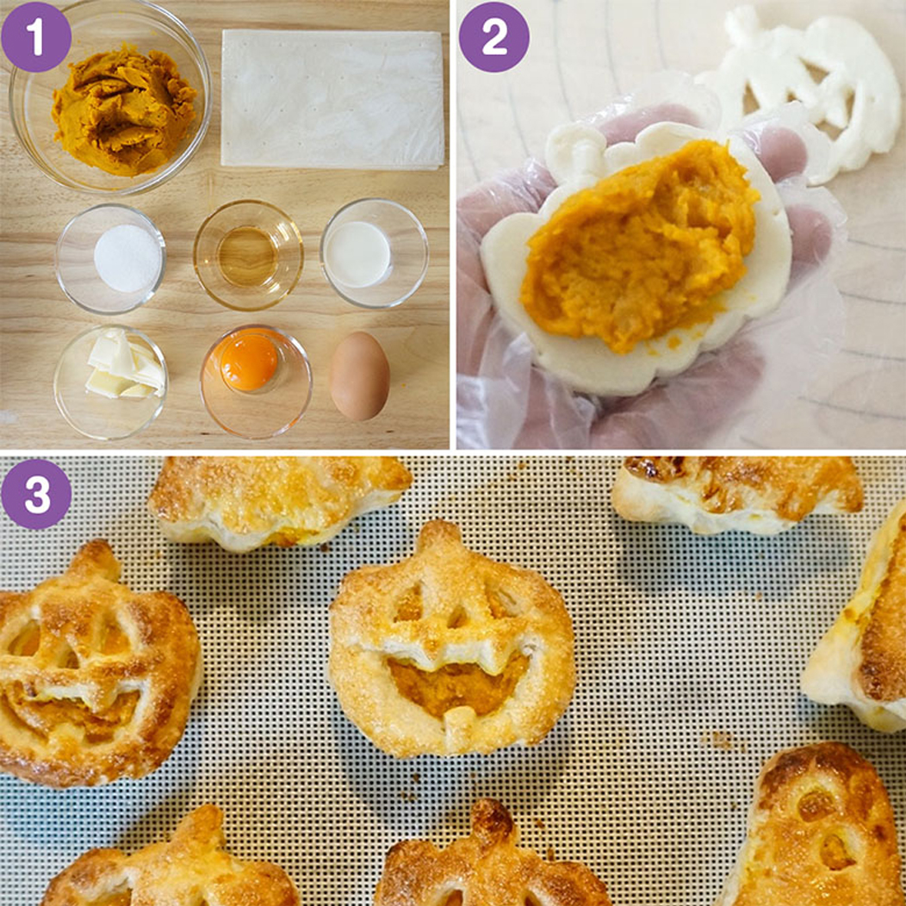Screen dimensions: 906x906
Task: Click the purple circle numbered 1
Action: (36, 37)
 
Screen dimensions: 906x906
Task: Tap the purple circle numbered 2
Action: (494, 37)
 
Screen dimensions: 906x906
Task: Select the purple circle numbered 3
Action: (36, 494)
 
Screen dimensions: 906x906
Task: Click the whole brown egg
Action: (359, 375)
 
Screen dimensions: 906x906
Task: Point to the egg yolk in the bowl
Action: (249, 363)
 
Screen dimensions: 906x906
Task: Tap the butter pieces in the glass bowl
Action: (126, 365)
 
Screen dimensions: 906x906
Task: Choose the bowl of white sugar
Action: (111, 258)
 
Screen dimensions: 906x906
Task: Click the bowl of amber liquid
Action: (248, 255)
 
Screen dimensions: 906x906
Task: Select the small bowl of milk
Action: (375, 253)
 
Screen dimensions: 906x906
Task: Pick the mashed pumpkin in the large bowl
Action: (123, 109)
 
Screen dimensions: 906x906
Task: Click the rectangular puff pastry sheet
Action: (332, 99)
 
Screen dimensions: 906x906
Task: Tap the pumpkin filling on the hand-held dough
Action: (638, 246)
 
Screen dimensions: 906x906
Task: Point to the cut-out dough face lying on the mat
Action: (798, 87)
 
